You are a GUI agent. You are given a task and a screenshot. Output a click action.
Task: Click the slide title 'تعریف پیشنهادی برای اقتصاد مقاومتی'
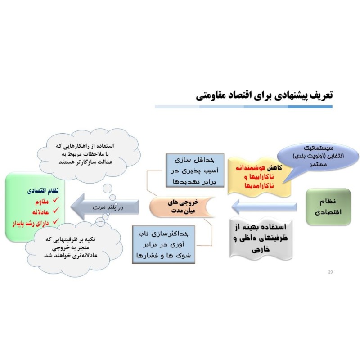264,95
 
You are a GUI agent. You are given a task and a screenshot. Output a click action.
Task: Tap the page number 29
330,272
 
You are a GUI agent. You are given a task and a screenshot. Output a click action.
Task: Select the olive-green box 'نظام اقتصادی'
328,207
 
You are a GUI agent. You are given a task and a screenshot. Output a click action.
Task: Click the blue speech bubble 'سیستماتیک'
318,156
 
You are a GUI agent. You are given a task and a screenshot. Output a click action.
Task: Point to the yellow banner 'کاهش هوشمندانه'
260,177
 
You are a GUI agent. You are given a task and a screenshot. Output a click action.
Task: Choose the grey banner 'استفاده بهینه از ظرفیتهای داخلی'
261,239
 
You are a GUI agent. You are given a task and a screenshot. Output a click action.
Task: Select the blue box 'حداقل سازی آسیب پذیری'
195,171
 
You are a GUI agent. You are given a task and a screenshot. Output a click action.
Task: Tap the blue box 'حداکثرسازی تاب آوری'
163,244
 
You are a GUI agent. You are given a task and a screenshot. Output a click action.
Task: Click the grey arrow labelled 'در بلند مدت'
105,207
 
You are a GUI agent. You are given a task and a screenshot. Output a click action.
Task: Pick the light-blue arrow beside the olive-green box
264,207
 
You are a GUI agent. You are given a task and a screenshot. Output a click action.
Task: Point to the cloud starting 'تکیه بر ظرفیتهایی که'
73,249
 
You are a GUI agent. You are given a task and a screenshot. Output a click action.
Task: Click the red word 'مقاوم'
42,202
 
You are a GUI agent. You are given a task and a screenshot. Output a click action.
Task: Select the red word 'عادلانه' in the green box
40,212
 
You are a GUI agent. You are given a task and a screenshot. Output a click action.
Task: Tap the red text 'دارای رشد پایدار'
31,223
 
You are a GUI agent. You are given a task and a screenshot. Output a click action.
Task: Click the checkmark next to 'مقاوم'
55,200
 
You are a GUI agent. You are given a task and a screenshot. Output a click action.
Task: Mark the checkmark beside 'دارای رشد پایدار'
55,221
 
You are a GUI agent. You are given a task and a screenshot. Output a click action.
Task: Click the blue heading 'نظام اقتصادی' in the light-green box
43,191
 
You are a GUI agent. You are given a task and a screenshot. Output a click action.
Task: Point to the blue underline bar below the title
243,107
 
